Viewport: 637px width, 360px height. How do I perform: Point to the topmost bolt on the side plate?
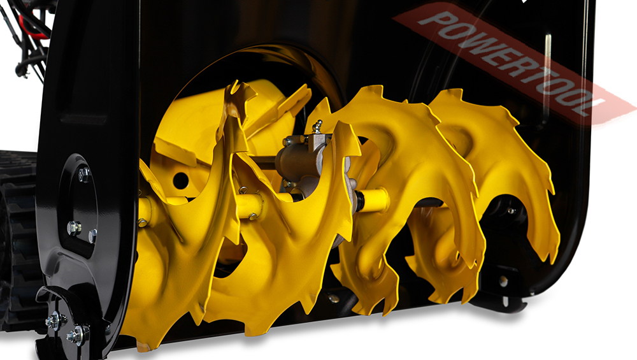83,174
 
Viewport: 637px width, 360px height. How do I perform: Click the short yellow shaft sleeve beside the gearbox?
372,200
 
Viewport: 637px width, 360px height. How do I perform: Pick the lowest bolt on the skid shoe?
78,335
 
